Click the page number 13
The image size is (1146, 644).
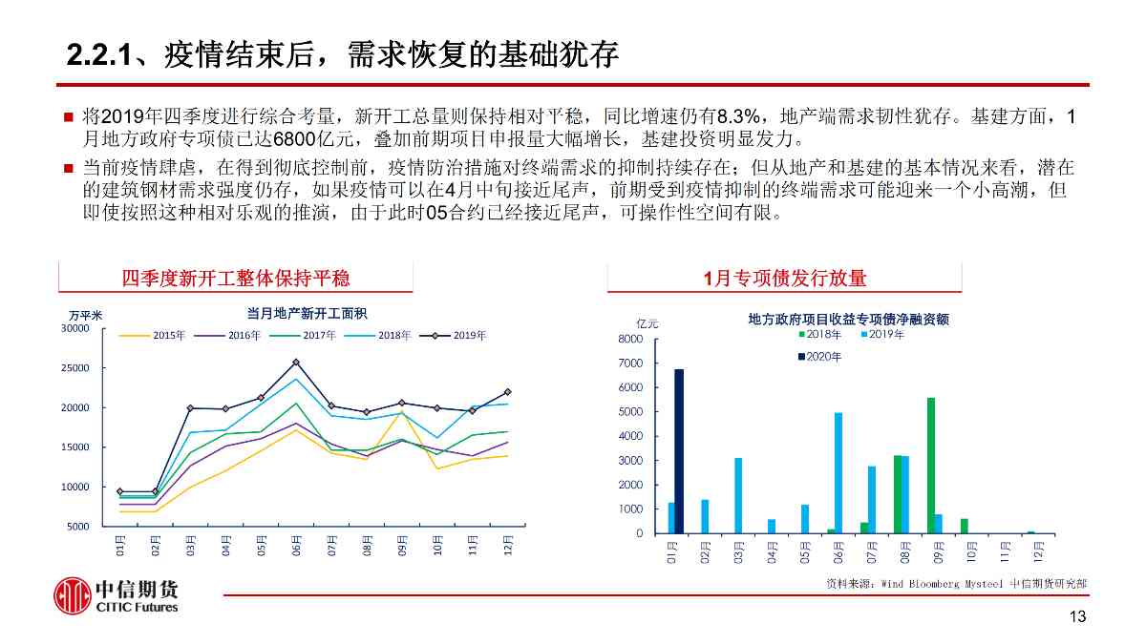[1077, 617]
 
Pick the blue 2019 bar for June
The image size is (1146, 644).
[838, 472]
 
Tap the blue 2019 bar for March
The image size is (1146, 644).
[738, 495]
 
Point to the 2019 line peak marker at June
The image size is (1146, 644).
[296, 363]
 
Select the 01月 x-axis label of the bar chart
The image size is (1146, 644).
[672, 552]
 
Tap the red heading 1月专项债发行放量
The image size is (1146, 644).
[784, 278]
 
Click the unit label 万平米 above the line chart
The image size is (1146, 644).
[85, 315]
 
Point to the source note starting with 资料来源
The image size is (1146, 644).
[956, 583]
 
